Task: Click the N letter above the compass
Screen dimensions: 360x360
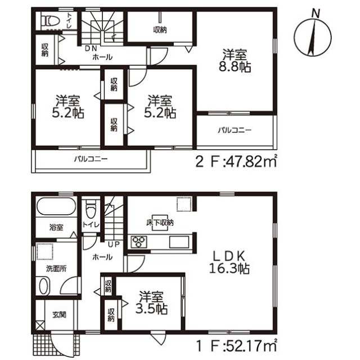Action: click(x=316, y=13)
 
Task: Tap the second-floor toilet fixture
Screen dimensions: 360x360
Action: click(x=51, y=21)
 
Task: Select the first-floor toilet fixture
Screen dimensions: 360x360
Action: click(x=91, y=209)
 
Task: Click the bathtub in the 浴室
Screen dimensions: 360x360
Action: click(x=56, y=206)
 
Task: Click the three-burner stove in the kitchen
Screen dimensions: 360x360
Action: click(x=139, y=242)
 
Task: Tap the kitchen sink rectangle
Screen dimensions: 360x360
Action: click(x=179, y=242)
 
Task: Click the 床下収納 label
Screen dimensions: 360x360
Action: click(x=160, y=223)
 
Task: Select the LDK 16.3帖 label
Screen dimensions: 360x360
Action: click(x=229, y=262)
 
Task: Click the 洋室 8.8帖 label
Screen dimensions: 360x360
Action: click(x=235, y=61)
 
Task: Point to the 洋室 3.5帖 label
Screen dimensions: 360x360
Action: click(x=151, y=303)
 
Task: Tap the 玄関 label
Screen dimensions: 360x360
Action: click(x=59, y=314)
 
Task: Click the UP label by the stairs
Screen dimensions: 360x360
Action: click(x=114, y=244)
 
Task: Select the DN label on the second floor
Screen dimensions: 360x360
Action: click(x=91, y=48)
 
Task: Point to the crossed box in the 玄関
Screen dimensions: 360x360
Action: click(x=40, y=325)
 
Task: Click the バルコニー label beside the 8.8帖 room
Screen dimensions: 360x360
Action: click(x=235, y=130)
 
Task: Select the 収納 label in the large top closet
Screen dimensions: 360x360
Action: click(x=160, y=30)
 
